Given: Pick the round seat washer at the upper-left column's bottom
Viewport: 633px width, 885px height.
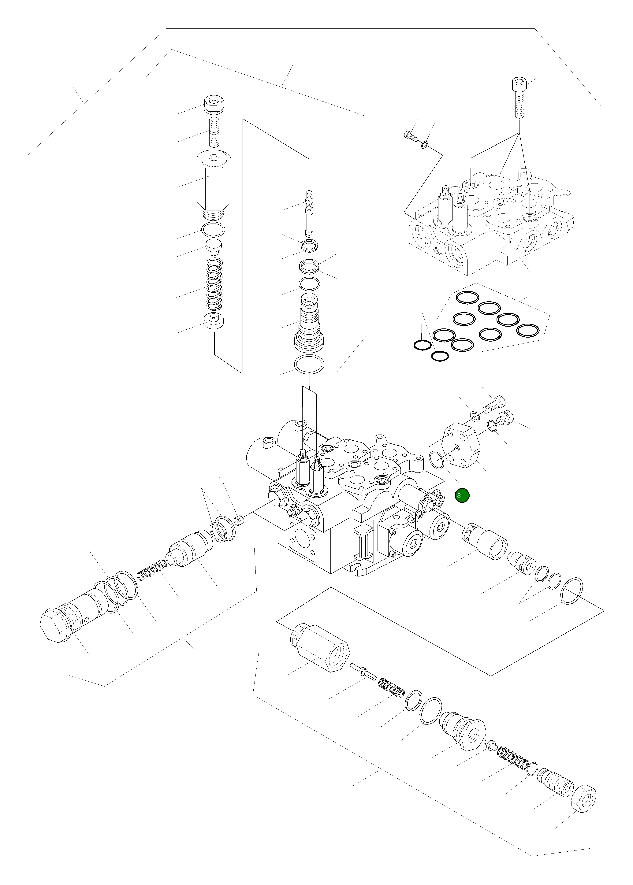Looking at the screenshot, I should pyautogui.click(x=214, y=320).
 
